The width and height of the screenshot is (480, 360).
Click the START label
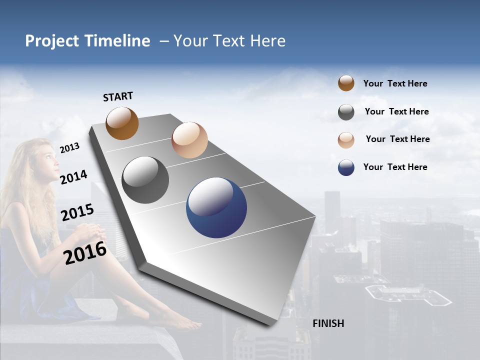pyautogui.click(x=118, y=96)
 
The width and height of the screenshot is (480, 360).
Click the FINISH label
pyautogui.click(x=328, y=323)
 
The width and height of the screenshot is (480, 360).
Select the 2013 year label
pyautogui.click(x=69, y=147)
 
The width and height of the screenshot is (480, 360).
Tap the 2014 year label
pyautogui.click(x=73, y=177)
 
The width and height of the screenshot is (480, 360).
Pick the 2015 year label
pyautogui.click(x=77, y=212)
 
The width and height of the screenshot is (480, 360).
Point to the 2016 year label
pyautogui.click(x=85, y=253)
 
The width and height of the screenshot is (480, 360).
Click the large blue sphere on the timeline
pyautogui.click(x=216, y=207)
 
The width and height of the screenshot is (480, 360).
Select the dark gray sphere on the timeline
pyautogui.click(x=145, y=180)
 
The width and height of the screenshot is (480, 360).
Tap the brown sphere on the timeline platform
pyautogui.click(x=122, y=123)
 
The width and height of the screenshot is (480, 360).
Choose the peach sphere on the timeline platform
pyautogui.click(x=189, y=140)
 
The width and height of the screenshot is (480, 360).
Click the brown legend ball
pyautogui.click(x=346, y=83)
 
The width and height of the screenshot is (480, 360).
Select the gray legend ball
pyautogui.click(x=346, y=112)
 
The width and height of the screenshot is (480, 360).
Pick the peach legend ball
pyautogui.click(x=346, y=140)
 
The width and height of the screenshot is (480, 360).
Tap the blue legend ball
pyautogui.click(x=346, y=167)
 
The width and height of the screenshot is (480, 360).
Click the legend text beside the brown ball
pyautogui.click(x=395, y=83)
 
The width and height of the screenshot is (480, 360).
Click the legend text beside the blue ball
pyautogui.click(x=395, y=167)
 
